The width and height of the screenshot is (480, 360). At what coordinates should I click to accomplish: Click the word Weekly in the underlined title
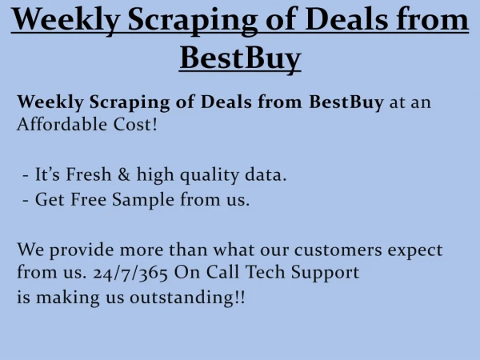[66, 20]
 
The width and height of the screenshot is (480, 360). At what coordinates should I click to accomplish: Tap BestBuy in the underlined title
[240, 58]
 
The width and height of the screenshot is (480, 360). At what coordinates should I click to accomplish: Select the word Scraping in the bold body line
[130, 102]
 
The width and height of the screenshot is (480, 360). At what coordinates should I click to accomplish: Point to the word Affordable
[62, 124]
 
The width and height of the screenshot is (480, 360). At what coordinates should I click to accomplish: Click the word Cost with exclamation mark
[135, 124]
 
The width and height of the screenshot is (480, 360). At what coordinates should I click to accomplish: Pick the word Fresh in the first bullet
[89, 174]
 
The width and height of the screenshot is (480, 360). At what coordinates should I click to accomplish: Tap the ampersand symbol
[124, 174]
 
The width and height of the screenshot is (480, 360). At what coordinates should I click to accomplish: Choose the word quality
[210, 175]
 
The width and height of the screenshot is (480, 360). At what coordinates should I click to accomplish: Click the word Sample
[143, 200]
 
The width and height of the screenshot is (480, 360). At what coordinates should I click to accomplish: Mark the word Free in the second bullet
[89, 199]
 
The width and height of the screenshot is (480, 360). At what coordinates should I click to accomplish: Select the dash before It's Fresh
[26, 176]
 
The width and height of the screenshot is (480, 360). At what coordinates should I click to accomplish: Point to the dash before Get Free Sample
[26, 201]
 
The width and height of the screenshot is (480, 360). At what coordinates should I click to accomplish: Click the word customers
[338, 250]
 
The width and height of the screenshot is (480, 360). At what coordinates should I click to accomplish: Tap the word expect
[415, 251]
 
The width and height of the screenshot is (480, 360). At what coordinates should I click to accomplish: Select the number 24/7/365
[130, 273]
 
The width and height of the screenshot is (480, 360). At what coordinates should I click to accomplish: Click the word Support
[325, 273]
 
